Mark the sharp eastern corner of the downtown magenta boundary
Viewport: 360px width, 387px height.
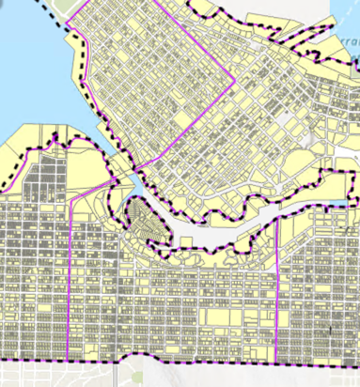[234, 79]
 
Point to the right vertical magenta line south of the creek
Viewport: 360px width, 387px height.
[277, 291]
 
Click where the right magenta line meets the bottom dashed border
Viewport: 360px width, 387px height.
[278, 362]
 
